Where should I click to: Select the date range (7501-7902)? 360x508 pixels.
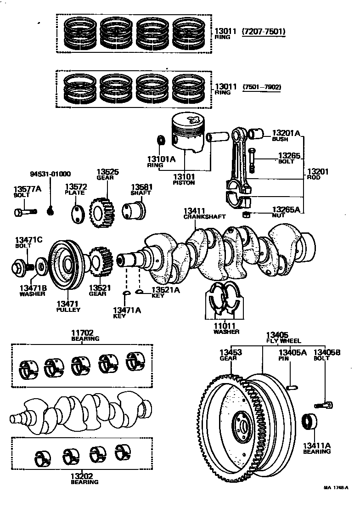tap(262, 86)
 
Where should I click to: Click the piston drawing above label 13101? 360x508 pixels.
tap(187, 133)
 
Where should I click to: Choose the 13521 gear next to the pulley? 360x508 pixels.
tap(100, 262)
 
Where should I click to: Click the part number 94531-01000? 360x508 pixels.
tap(51, 174)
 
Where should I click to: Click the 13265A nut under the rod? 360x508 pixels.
tap(246, 215)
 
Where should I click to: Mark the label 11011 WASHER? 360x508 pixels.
tap(226, 328)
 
